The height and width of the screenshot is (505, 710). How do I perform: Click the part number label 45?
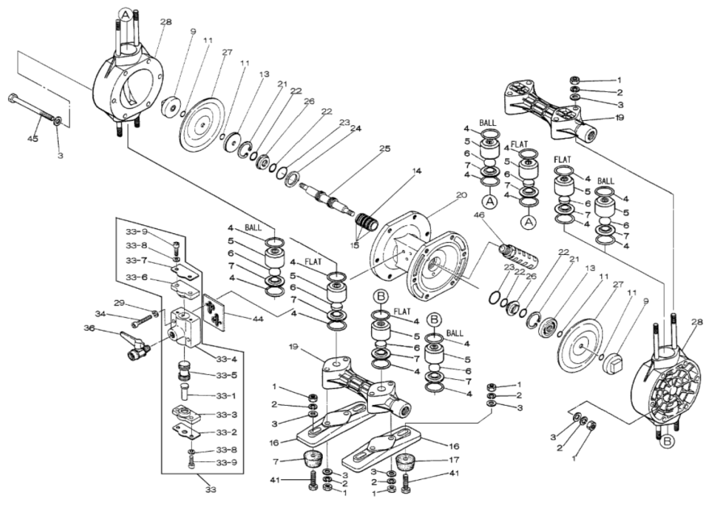33,138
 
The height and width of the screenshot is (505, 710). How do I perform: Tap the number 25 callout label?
384,148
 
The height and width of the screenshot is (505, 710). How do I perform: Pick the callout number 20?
461,195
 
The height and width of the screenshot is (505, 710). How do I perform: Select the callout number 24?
356,127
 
